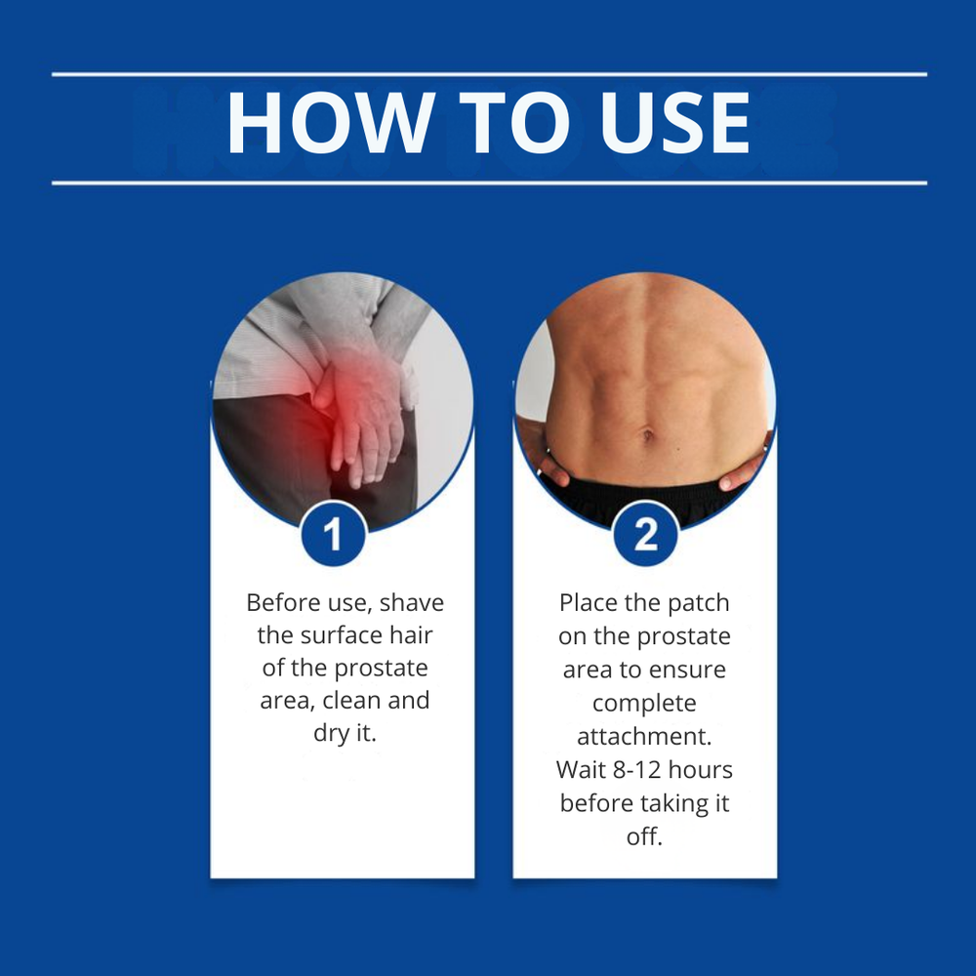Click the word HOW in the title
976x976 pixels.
[x=331, y=123]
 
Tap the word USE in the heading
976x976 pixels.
[x=675, y=123]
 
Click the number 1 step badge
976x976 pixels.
[x=333, y=534]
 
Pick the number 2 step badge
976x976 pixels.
[x=645, y=534]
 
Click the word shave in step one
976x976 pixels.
[x=412, y=603]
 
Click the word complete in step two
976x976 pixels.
[x=644, y=704]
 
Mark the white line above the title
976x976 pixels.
[x=489, y=75]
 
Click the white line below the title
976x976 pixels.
[x=489, y=183]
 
